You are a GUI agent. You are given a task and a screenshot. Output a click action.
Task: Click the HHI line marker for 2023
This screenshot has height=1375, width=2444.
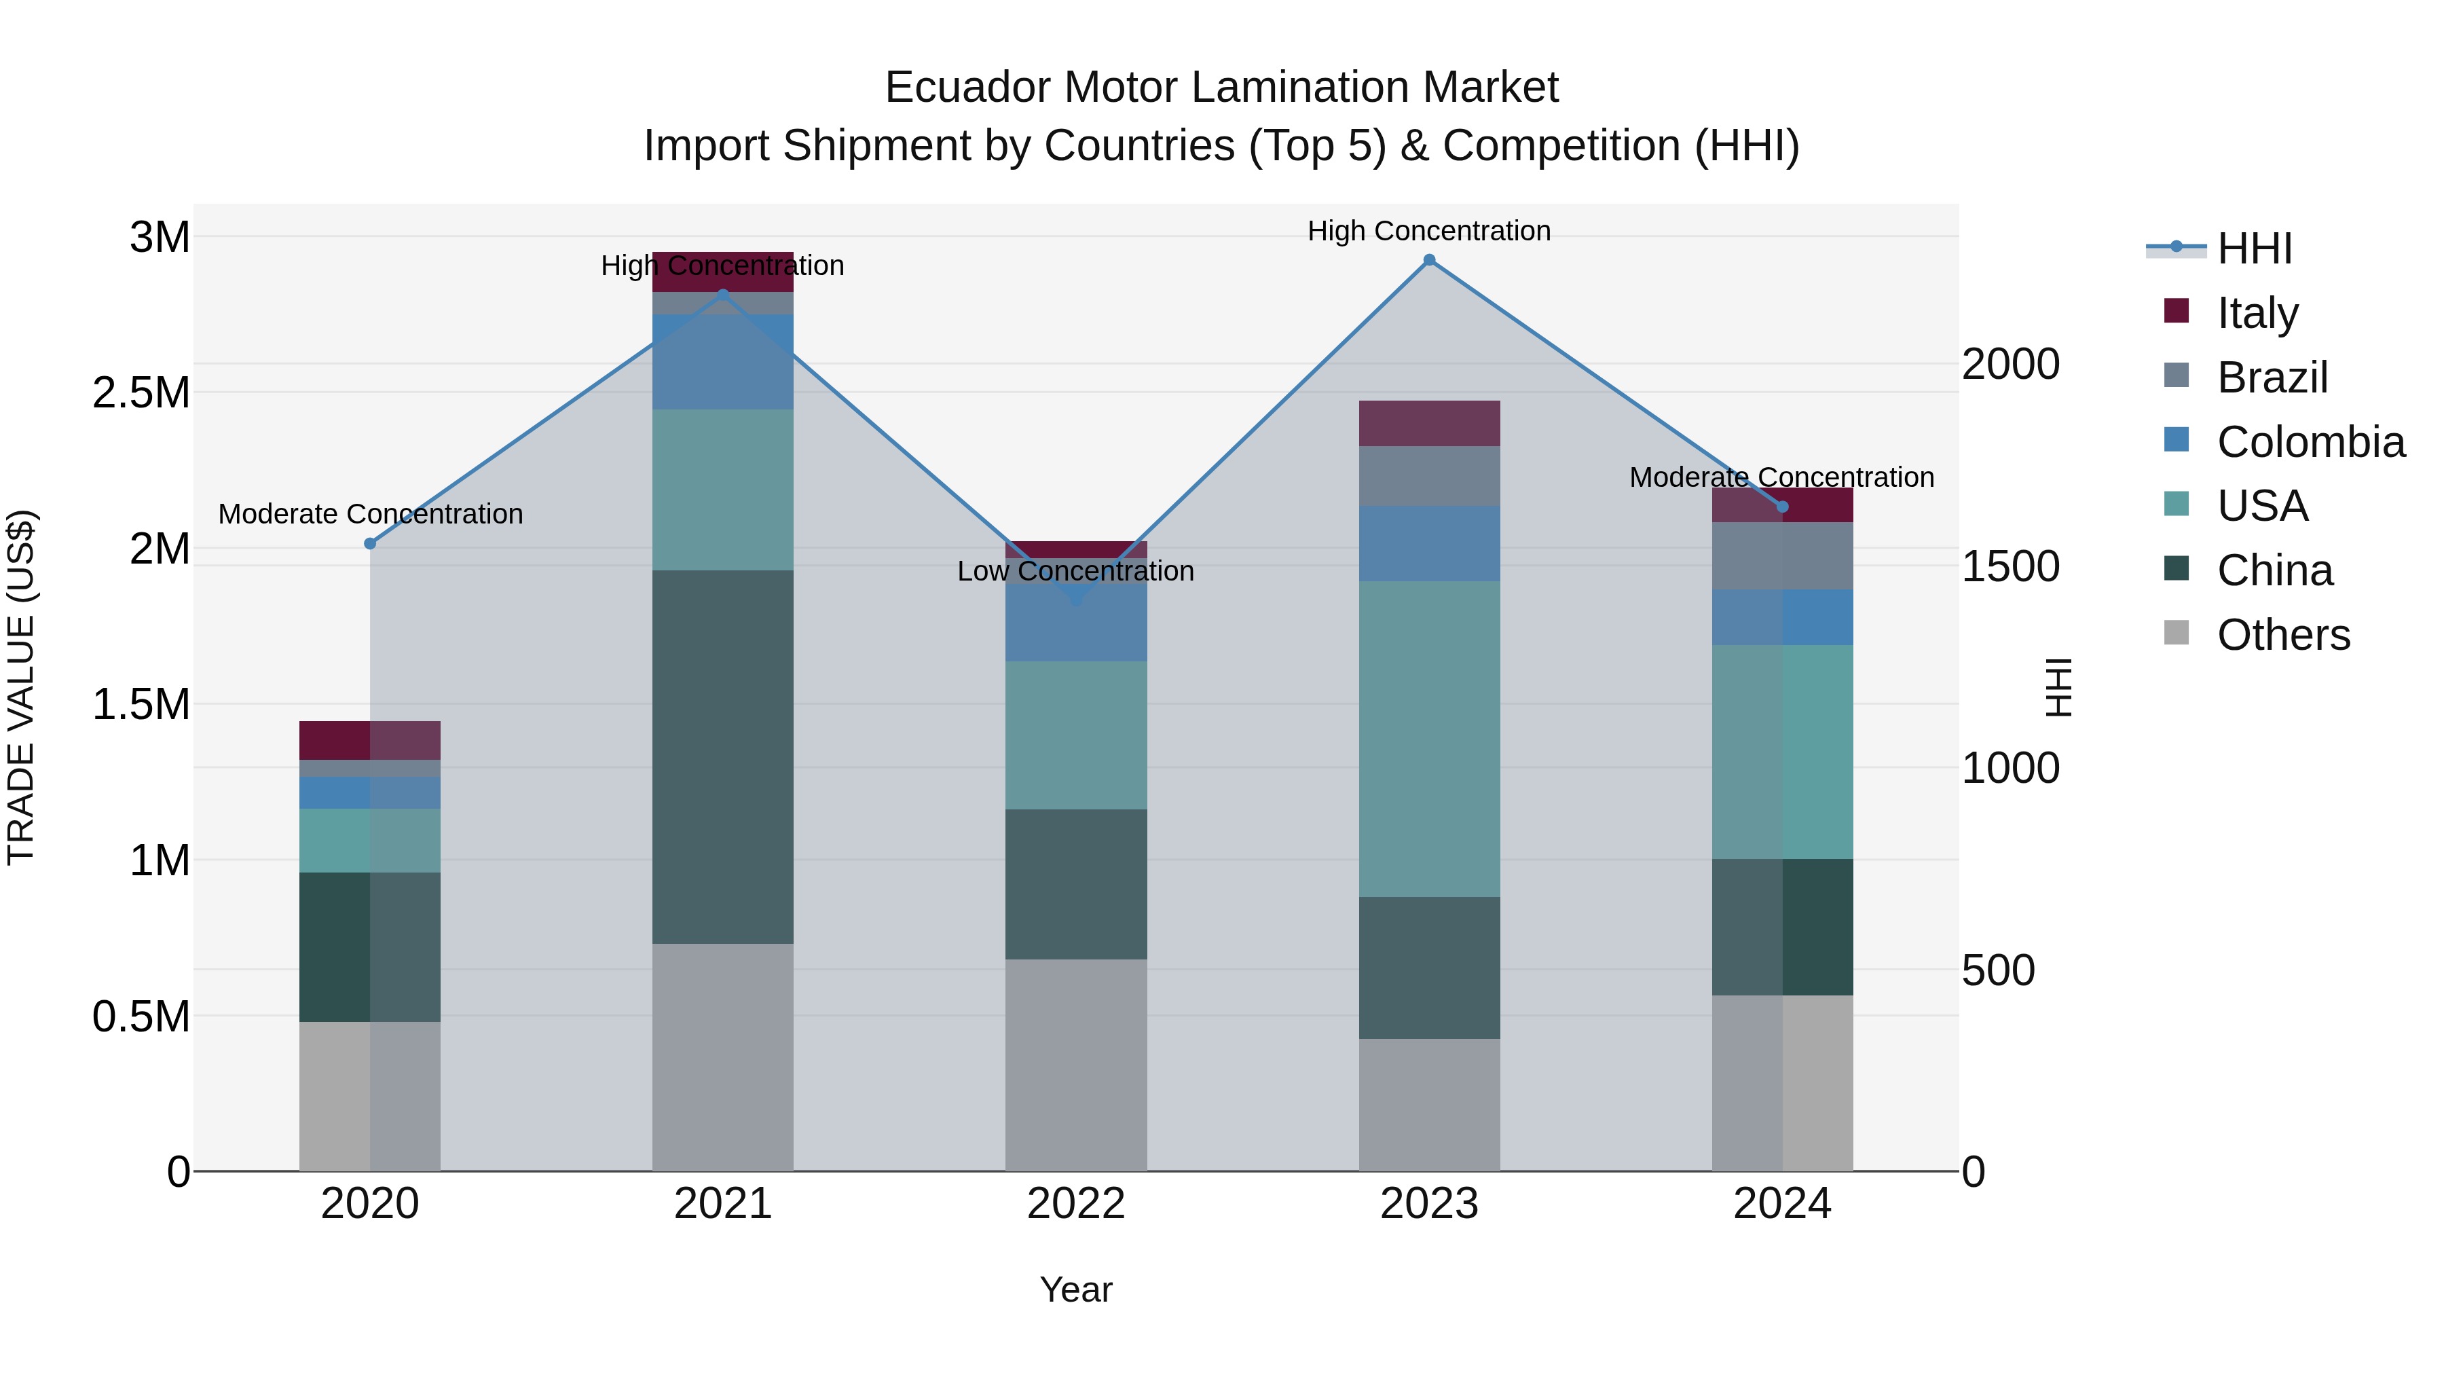(1429, 260)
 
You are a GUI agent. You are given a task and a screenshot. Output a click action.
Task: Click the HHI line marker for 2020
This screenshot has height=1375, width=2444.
(370, 544)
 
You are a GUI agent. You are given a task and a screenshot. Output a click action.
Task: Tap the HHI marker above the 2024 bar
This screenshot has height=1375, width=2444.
(1782, 507)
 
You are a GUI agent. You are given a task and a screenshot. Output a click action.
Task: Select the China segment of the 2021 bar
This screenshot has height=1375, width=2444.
(723, 756)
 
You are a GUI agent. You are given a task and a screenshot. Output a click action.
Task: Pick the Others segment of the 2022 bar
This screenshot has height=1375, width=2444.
(1076, 1065)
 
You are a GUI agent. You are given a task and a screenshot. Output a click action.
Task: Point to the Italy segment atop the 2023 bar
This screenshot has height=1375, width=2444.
(1429, 423)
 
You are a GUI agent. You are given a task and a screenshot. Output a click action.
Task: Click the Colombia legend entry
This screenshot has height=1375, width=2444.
(2310, 442)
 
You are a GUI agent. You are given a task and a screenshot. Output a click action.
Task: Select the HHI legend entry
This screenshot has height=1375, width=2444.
(2253, 249)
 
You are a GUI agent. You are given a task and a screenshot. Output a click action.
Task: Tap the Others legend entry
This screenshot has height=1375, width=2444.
(2282, 635)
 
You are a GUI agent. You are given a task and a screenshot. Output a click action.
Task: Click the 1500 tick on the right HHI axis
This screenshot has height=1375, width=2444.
(2010, 566)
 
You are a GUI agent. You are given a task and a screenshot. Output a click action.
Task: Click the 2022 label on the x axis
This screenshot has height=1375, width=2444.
(1076, 1204)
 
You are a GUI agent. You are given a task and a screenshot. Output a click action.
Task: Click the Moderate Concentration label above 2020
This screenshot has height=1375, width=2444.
(370, 514)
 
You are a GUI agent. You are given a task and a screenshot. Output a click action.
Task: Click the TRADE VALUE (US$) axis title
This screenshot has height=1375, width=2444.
(21, 687)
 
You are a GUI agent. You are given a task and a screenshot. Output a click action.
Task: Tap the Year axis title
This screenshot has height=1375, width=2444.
(1076, 1289)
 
